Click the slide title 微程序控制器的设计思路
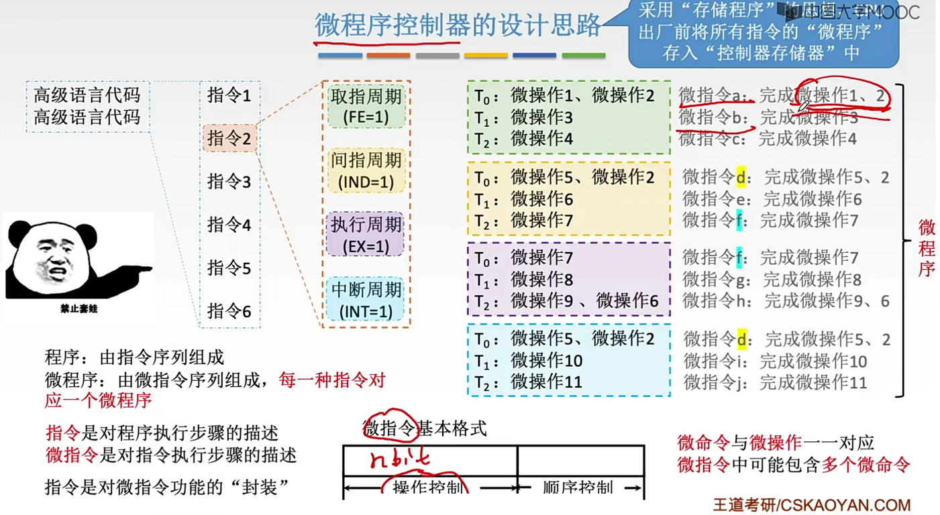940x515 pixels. [x=458, y=25]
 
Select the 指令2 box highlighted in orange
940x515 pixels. [x=229, y=138]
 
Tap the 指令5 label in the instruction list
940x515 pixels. [x=229, y=268]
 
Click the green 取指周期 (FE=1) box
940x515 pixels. [x=366, y=106]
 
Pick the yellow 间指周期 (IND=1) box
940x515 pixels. [x=366, y=170]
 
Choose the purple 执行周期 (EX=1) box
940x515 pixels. [x=366, y=235]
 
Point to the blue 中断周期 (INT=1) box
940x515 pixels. [x=366, y=299]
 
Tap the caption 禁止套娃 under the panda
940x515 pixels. [x=79, y=309]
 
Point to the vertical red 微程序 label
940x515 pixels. [x=927, y=248]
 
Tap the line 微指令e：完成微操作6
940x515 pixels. [x=772, y=199]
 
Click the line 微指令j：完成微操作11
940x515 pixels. [x=775, y=383]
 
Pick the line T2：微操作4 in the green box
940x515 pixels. [x=523, y=139]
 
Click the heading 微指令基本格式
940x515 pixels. [x=425, y=428]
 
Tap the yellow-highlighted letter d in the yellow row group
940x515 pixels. [x=741, y=177]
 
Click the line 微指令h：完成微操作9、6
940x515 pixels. [x=786, y=301]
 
